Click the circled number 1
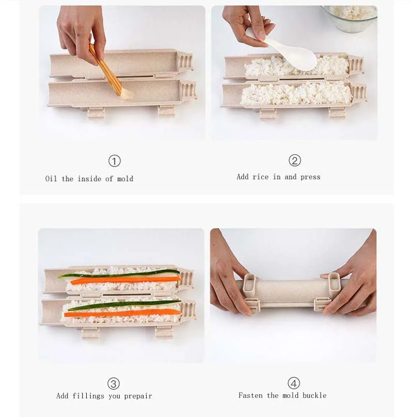115,161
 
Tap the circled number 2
295,161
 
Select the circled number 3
114,383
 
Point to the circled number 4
294,383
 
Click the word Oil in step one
51,179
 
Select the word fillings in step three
88,396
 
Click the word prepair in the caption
138,396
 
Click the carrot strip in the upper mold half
125,280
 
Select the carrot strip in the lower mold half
122,313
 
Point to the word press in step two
310,178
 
